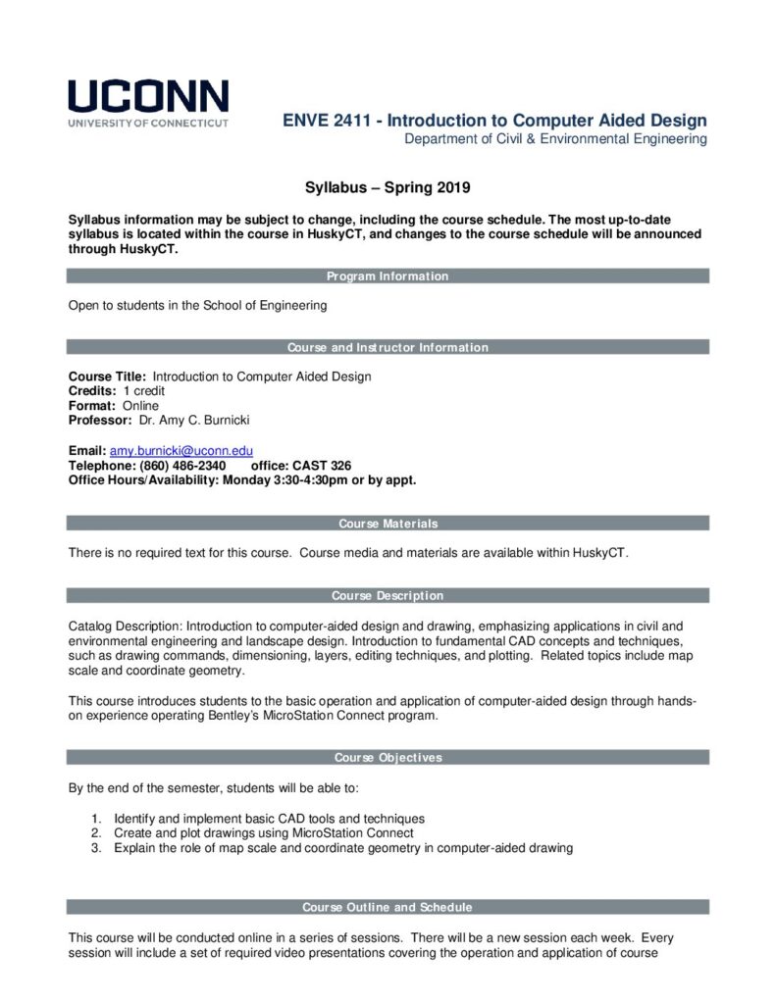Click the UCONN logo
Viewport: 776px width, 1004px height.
[x=148, y=103]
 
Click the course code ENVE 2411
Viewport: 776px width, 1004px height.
[x=330, y=121]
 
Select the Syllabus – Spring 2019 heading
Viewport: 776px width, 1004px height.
[x=388, y=186]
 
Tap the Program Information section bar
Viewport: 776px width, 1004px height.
[x=388, y=276]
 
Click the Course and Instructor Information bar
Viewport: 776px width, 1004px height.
[x=388, y=347]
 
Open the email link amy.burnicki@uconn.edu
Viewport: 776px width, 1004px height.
[x=181, y=451]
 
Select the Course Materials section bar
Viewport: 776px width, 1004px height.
[x=388, y=524]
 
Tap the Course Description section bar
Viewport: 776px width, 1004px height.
[x=388, y=595]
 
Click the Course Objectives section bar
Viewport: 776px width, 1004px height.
[x=388, y=757]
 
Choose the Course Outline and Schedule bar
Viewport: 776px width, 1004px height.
[x=388, y=907]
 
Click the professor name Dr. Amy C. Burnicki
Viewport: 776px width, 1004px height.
[x=195, y=421]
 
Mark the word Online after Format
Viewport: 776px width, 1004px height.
[x=140, y=406]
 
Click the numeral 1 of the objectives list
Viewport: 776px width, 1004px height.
[x=96, y=819]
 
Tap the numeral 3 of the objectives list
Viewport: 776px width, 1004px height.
[x=96, y=848]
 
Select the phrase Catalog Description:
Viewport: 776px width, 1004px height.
[x=125, y=625]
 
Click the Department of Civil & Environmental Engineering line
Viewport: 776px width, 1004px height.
[x=555, y=139]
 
